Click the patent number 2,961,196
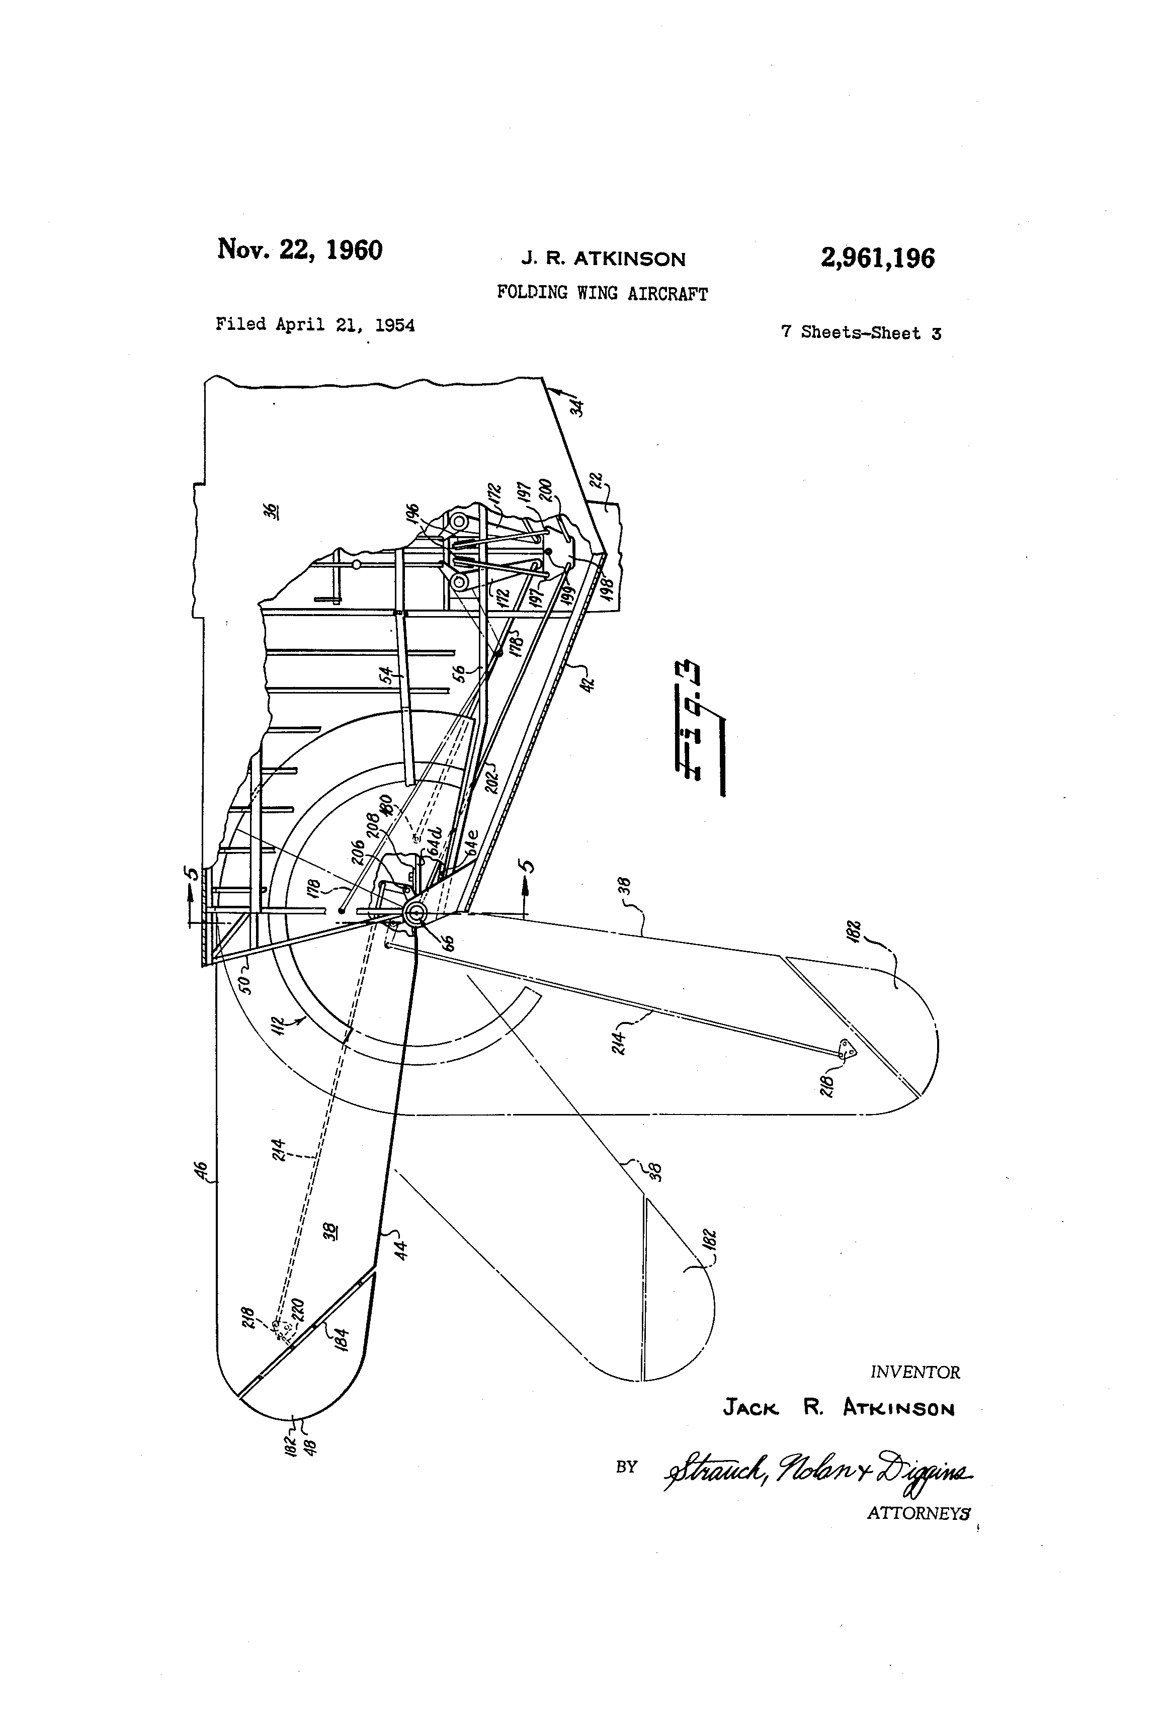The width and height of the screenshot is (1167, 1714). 877,259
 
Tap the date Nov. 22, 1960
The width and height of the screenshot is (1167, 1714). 299,250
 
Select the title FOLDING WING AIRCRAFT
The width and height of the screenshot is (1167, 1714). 602,294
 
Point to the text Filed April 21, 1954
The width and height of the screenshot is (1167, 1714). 315,324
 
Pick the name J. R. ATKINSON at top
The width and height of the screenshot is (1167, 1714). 604,259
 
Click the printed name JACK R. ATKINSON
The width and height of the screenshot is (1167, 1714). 839,1409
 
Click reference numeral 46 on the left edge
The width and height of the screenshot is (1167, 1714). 204,1170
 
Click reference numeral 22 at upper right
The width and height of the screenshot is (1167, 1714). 599,480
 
